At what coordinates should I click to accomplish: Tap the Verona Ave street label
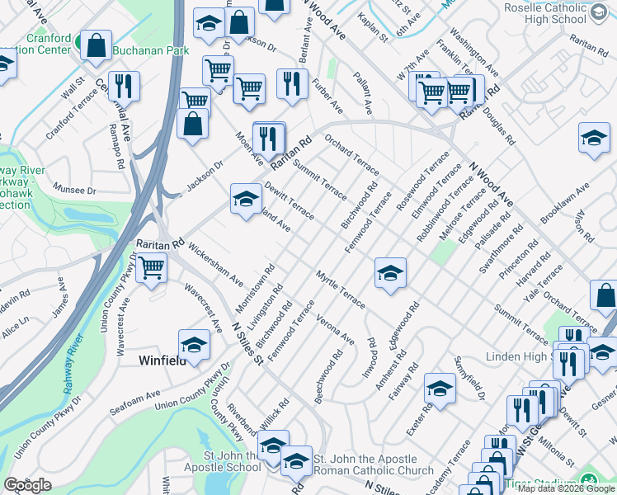point(335,329)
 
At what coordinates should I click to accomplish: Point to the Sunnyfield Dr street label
point(470,379)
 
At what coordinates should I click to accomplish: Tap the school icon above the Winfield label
point(194,346)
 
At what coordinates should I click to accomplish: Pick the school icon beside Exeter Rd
point(440,389)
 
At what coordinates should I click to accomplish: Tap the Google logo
point(27,485)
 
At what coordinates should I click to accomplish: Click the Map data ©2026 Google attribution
point(565,488)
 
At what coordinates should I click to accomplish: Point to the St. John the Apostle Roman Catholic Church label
point(374,464)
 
